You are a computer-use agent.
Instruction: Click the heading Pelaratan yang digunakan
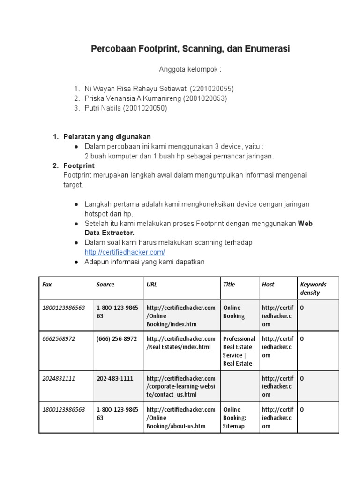107,136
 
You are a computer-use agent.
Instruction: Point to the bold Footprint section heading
79,166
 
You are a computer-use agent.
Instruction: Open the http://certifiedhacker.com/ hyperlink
125,252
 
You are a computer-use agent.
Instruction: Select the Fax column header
47,285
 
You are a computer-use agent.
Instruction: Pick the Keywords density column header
313,288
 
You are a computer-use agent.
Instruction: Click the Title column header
229,285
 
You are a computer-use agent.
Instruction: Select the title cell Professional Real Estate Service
239,351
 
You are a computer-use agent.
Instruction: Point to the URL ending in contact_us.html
180,386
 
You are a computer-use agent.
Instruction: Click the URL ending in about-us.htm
180,418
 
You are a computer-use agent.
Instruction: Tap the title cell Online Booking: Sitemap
234,418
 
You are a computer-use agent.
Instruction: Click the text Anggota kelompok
190,69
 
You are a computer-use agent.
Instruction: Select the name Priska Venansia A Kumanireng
133,98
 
